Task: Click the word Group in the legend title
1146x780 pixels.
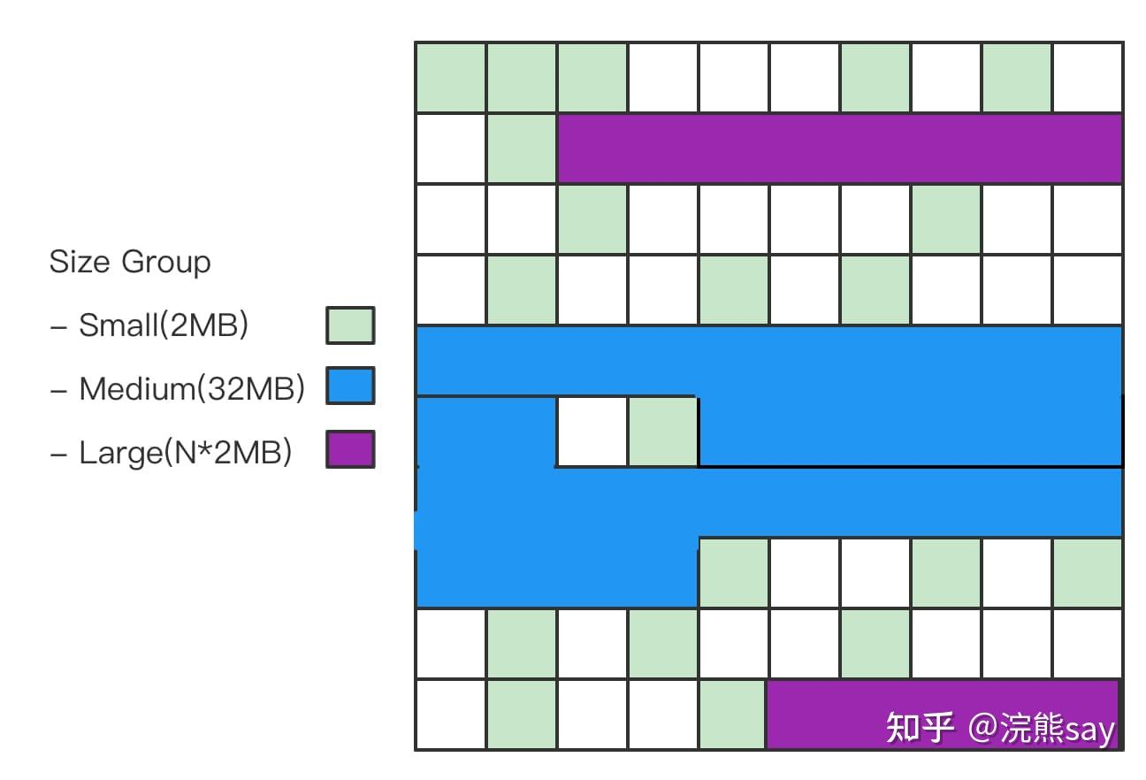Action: [166, 264]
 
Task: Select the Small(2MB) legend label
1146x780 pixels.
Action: [164, 326]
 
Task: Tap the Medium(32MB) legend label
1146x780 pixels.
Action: [192, 389]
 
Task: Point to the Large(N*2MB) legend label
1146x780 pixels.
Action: [186, 453]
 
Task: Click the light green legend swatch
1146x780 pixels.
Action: [349, 325]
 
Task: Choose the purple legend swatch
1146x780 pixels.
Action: [349, 449]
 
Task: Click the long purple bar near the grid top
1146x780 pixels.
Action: [840, 149]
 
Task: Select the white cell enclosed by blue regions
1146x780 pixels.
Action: [592, 432]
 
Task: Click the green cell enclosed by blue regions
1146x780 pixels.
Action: [663, 432]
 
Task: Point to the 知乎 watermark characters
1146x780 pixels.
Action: [920, 728]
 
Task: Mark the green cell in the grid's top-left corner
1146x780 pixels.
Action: [451, 78]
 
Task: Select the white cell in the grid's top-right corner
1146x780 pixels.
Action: [1088, 78]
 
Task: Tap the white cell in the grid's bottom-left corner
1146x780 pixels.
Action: [451, 715]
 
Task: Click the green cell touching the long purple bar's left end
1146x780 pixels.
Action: [522, 149]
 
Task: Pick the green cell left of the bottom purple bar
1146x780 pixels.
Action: [732, 715]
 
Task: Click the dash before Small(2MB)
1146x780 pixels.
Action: [59, 327]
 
